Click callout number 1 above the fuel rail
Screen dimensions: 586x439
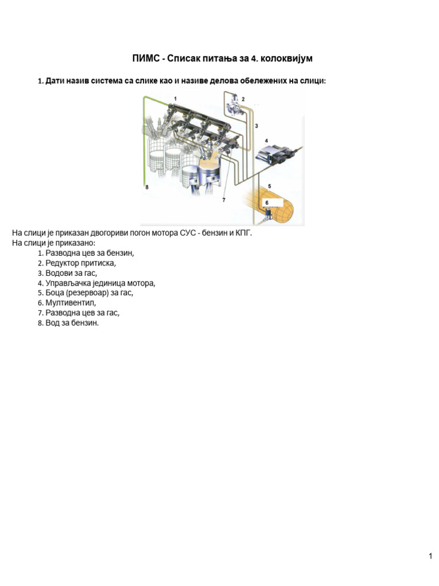(175, 100)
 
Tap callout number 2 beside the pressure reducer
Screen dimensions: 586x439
(242, 100)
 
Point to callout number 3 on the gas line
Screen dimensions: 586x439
(257, 125)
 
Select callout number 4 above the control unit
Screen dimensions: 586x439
(266, 140)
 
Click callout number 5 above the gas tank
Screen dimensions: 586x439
(269, 186)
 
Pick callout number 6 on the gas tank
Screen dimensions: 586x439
(266, 203)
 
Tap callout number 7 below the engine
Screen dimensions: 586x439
(224, 200)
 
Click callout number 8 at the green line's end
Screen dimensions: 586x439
(146, 187)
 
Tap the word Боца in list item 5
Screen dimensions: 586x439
(56, 292)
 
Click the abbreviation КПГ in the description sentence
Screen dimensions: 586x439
(243, 233)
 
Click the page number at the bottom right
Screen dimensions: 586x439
(430, 556)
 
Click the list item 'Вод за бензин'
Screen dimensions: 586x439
(72, 323)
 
